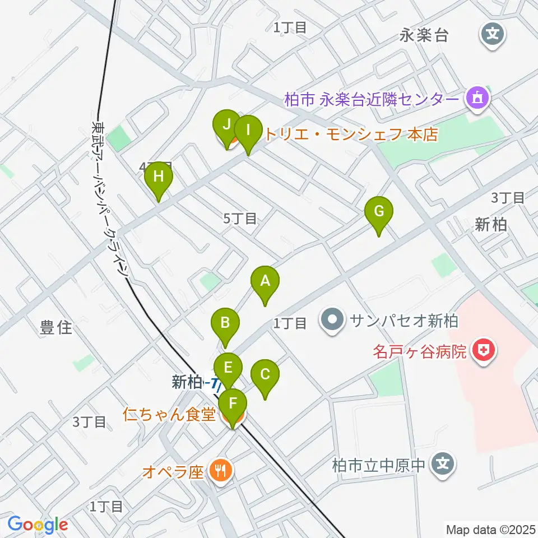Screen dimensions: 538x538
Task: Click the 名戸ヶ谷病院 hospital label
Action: [x=420, y=352]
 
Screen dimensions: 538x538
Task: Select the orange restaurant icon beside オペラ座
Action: [x=219, y=470]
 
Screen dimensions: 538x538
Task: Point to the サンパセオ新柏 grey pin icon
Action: [x=333, y=321]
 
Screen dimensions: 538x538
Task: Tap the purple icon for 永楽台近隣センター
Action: [x=476, y=100]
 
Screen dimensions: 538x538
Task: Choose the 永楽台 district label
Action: [x=424, y=36]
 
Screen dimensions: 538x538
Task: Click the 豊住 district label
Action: [x=56, y=328]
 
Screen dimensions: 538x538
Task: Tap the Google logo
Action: [x=38, y=525]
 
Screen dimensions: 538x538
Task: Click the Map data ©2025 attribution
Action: [x=490, y=528]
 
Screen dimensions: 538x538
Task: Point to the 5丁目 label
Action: [x=240, y=219]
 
